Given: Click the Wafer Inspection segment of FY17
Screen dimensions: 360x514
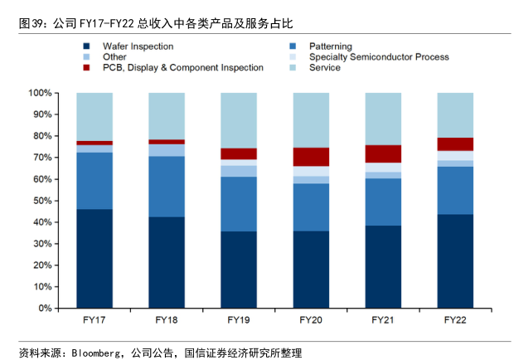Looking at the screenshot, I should pos(95,258).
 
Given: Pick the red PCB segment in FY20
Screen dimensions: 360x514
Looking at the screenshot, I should pos(311,157).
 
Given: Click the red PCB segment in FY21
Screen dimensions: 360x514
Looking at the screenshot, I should pos(383,153).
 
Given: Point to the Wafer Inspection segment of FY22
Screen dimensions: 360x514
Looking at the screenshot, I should pos(455,261).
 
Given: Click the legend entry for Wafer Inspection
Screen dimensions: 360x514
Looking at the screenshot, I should pos(138,46).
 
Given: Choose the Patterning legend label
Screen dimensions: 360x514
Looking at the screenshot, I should pos(330,46).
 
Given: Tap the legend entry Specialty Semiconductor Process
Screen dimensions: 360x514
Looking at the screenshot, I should pos(378,57).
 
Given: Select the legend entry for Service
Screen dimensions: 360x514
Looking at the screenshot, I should pos(324,68).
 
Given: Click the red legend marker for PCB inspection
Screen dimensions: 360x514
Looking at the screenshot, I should pos(86,68).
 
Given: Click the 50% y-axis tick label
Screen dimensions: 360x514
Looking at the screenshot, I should pos(43,201).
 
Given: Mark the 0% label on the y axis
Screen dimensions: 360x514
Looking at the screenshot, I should pos(46,309).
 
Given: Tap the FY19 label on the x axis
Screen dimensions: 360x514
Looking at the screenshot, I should pos(239,319).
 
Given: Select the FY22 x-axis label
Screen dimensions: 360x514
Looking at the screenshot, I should pos(455,319).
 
